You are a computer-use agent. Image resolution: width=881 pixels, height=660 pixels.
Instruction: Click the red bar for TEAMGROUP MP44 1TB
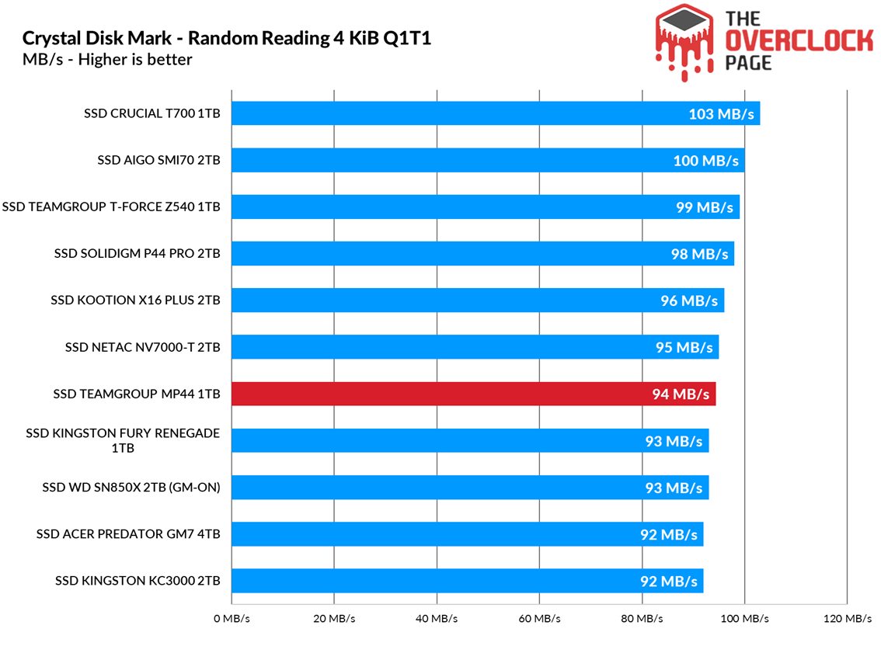tap(474, 394)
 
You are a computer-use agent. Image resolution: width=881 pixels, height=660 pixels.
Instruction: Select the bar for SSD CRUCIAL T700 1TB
tap(496, 113)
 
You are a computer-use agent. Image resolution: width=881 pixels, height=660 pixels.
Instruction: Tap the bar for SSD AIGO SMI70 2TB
tap(488, 161)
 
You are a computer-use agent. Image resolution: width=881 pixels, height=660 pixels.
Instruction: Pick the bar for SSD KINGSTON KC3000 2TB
tap(468, 581)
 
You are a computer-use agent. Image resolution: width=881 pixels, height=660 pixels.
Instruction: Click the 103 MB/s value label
tap(721, 114)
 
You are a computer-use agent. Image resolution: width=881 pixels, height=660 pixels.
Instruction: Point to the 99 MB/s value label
tap(705, 207)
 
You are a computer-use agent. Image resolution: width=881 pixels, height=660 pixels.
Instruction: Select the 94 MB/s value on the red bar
tap(681, 394)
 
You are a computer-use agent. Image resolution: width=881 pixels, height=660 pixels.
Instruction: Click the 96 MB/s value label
tap(689, 300)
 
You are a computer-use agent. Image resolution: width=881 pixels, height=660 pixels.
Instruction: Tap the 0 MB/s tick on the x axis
tap(232, 619)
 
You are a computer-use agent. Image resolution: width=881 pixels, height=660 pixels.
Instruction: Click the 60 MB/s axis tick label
tap(539, 619)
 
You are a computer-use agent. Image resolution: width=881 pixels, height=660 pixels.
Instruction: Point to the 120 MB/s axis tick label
tap(847, 619)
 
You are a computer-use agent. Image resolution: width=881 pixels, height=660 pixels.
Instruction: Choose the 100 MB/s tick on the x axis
tap(744, 619)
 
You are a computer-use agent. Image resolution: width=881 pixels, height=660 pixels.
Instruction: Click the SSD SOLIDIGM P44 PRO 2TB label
tap(137, 253)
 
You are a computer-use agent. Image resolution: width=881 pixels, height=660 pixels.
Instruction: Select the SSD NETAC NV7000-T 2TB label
tap(142, 347)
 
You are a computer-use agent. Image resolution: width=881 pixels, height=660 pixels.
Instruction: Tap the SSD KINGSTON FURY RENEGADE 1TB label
tap(123, 440)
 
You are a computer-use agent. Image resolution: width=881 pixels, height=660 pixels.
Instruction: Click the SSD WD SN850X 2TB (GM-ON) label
tap(131, 488)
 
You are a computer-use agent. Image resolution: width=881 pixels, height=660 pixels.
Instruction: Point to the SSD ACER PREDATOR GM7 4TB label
tap(128, 534)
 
